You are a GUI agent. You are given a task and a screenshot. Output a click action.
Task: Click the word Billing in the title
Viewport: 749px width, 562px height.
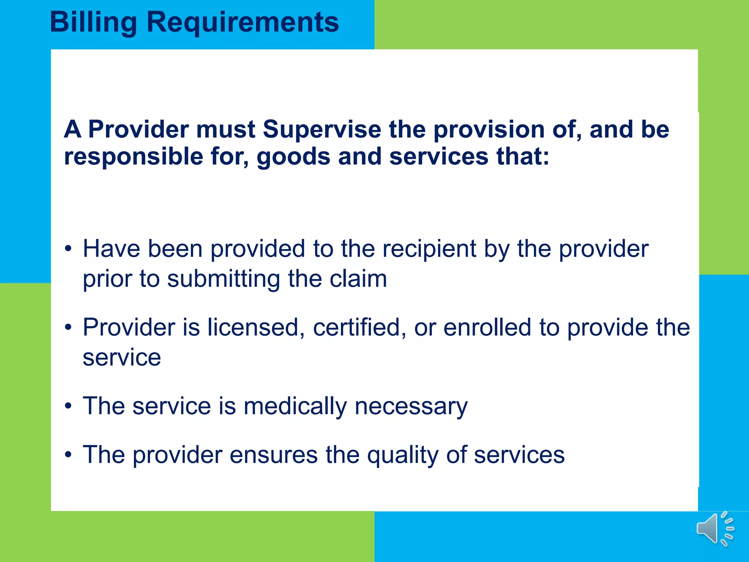(93, 23)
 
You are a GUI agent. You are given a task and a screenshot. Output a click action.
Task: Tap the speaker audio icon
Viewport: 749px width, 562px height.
(715, 529)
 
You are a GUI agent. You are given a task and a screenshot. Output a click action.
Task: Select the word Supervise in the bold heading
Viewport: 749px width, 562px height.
(322, 130)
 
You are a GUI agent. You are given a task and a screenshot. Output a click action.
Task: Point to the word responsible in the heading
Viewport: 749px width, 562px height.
(133, 157)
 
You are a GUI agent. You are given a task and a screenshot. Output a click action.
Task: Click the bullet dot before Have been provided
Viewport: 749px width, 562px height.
(68, 249)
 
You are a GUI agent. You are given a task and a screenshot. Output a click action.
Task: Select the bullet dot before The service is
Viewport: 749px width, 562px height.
(68, 406)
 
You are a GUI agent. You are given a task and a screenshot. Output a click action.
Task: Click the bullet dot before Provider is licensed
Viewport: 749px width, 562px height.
(68, 327)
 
